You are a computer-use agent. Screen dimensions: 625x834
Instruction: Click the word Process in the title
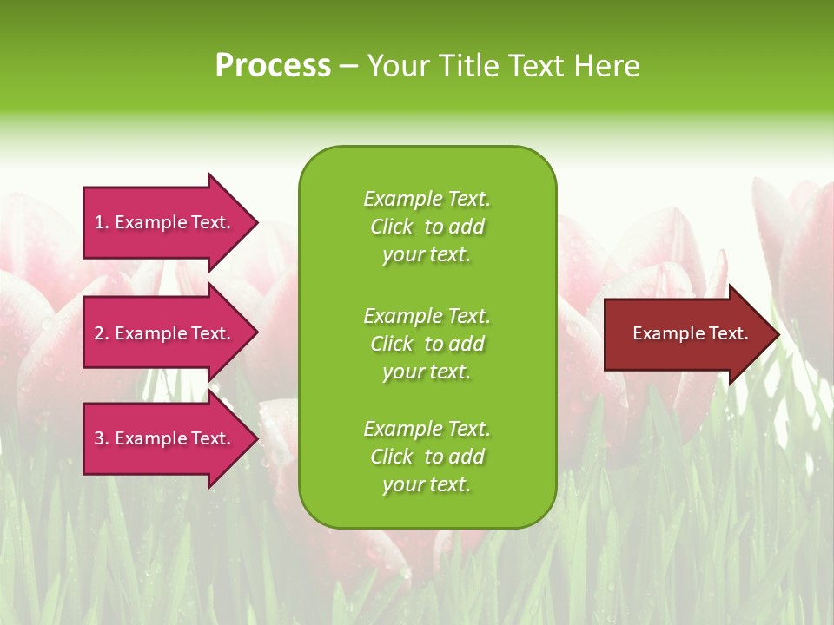click(x=273, y=66)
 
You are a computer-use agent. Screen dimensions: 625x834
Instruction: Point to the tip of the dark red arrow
click(x=777, y=334)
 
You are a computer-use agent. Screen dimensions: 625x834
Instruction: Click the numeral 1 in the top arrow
click(x=99, y=222)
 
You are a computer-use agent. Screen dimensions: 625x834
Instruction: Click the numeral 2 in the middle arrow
click(x=100, y=333)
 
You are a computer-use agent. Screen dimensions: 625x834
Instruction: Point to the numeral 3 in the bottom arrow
click(x=100, y=438)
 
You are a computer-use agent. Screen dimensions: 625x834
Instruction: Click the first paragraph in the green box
click(x=427, y=227)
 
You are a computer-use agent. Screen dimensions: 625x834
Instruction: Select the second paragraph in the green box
click(x=427, y=344)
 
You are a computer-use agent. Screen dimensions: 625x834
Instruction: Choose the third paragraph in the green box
click(x=427, y=457)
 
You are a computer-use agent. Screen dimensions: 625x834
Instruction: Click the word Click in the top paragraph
click(x=391, y=227)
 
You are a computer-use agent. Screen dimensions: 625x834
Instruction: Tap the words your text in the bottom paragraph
click(x=426, y=485)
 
